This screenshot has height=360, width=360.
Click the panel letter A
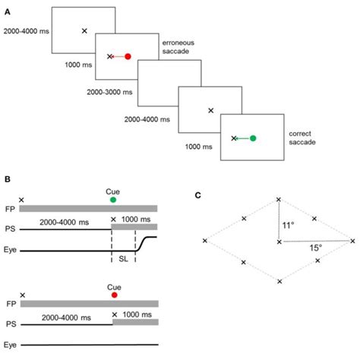coord(8,6)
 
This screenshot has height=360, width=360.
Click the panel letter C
coord(198,195)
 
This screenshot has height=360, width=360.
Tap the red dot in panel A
coord(128,56)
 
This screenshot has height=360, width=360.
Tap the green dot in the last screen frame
coord(253,138)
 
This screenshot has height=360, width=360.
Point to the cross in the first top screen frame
coord(84,30)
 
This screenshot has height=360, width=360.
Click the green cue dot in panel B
coord(114,199)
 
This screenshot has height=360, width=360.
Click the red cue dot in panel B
coord(114,295)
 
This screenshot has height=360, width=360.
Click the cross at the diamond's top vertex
coord(279,200)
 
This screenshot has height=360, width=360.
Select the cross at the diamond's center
coord(279,242)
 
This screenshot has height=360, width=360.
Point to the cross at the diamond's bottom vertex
coord(279,282)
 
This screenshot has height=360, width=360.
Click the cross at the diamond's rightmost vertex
coord(352,241)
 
